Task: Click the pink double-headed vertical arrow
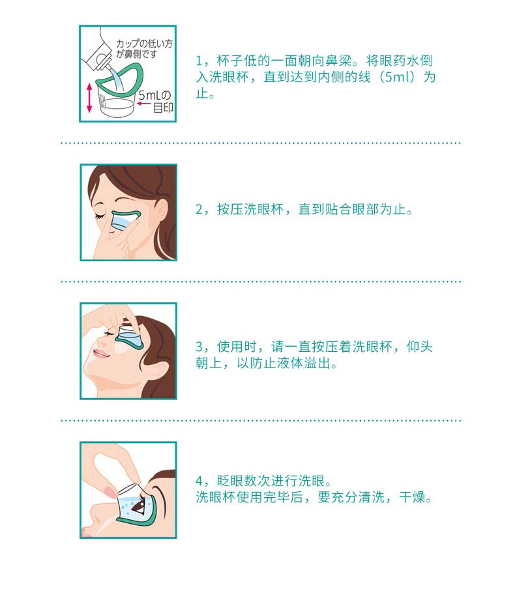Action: (89, 98)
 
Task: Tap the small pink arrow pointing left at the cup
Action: (143, 103)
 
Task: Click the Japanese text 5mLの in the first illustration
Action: (154, 94)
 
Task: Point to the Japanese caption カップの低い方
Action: (144, 44)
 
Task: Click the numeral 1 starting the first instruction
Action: (199, 61)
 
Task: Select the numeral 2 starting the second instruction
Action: (199, 210)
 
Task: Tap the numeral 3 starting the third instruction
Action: (199, 347)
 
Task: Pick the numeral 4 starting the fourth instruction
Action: (199, 481)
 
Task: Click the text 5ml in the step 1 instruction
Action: (400, 77)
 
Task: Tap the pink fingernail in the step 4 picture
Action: (110, 491)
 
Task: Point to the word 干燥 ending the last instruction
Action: (413, 497)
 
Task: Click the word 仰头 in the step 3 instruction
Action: (420, 347)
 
